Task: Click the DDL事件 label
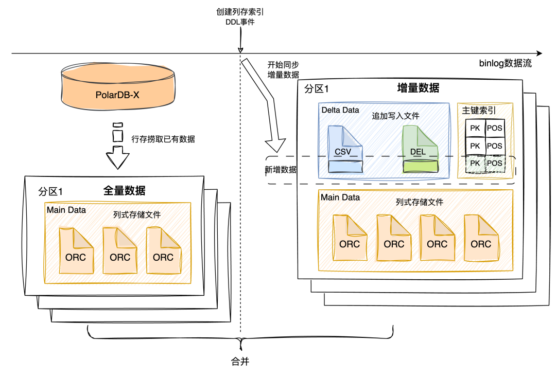(240, 22)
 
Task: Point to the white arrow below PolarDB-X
(118, 154)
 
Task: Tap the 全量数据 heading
(124, 191)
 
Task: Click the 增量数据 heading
(418, 87)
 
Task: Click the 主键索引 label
(479, 110)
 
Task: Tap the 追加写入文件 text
(395, 116)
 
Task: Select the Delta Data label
(340, 110)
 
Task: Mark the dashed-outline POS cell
(494, 164)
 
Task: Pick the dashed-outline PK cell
(475, 164)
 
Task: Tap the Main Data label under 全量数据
(66, 210)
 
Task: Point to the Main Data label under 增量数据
(340, 197)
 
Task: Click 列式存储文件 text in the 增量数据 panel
(419, 202)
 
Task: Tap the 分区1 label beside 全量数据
(50, 192)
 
